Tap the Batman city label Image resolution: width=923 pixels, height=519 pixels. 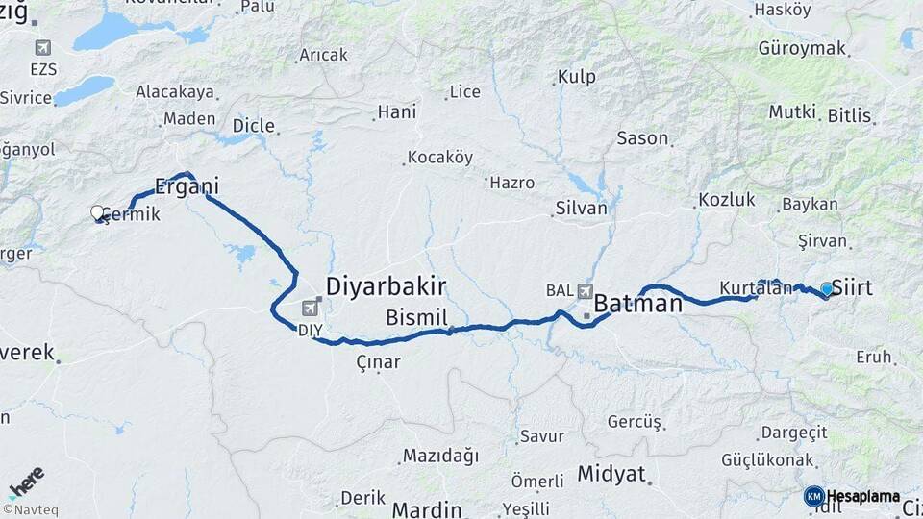click(x=638, y=304)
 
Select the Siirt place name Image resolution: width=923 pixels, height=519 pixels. click(x=851, y=288)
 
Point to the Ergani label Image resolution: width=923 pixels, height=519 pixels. click(x=187, y=185)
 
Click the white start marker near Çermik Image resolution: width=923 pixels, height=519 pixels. click(x=97, y=211)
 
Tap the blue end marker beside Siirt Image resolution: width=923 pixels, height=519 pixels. click(x=827, y=288)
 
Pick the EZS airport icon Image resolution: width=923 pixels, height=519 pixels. click(x=42, y=47)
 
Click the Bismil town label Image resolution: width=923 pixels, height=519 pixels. click(x=416, y=316)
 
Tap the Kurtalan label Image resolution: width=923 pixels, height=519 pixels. click(x=751, y=286)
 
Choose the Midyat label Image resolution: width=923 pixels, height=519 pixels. click(x=611, y=473)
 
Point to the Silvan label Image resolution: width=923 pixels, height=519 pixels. click(x=581, y=208)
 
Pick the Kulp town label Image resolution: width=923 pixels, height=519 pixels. click(x=577, y=76)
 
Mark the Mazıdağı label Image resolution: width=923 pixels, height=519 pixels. click(x=440, y=455)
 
